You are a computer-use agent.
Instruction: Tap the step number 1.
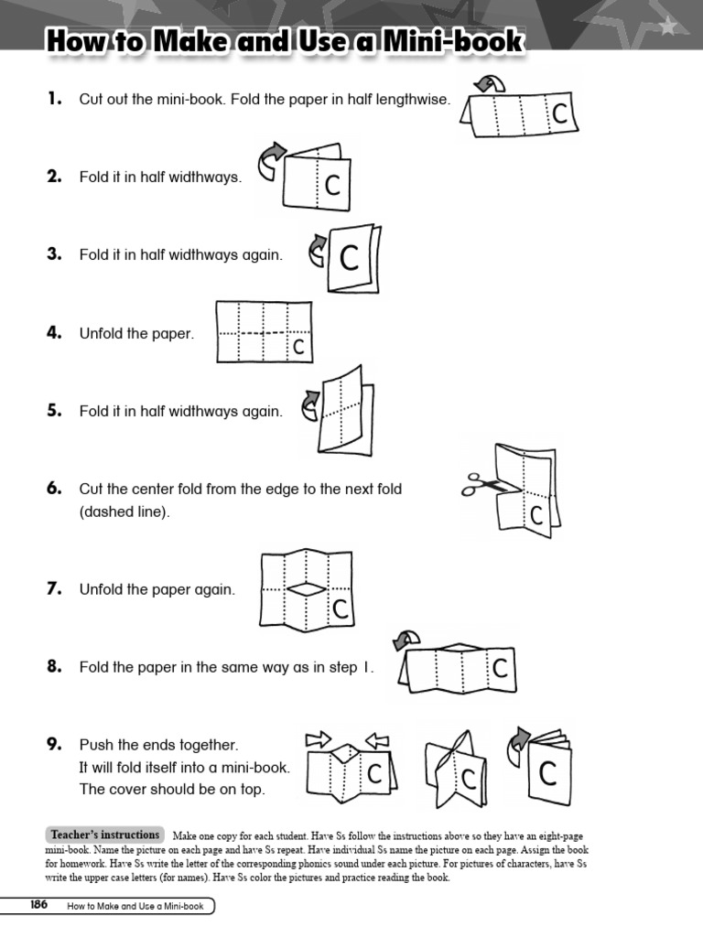point(54,99)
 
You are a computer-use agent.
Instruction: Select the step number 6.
point(54,489)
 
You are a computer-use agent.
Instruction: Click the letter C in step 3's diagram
point(349,259)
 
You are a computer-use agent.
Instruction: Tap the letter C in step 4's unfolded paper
point(297,347)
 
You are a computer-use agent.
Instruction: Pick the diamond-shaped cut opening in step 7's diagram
point(306,590)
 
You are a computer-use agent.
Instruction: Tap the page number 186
point(38,905)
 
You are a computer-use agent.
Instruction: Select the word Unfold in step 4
point(101,334)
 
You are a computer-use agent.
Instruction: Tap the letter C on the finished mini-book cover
point(547,774)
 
